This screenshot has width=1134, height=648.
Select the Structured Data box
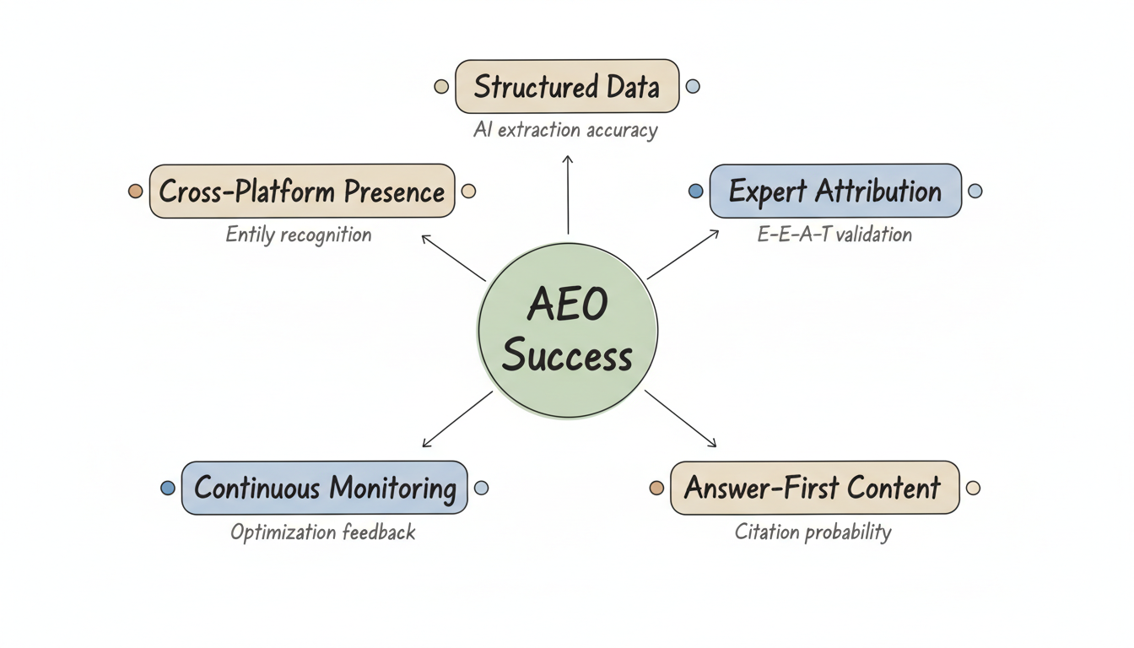click(x=567, y=86)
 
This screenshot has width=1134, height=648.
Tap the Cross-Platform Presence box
click(x=302, y=192)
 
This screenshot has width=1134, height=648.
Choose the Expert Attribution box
click(x=834, y=192)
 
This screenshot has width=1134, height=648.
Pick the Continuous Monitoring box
click(x=324, y=488)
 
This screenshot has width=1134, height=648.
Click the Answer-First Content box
click(x=814, y=488)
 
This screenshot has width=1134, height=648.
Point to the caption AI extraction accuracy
click(x=566, y=130)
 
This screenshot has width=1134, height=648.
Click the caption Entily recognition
click(x=299, y=235)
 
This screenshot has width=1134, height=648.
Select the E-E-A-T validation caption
click(x=834, y=234)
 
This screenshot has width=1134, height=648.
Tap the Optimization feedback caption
click(x=323, y=532)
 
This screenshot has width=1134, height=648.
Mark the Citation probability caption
click(x=813, y=532)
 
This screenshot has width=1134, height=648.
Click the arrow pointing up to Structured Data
click(x=568, y=194)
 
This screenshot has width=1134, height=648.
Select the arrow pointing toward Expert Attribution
click(x=683, y=254)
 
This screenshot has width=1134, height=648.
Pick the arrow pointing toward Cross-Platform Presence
click(x=453, y=257)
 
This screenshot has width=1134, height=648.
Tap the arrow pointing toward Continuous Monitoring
click(x=456, y=419)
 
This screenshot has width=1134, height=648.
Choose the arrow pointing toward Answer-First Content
click(x=680, y=419)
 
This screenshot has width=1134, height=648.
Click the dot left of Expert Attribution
click(x=695, y=192)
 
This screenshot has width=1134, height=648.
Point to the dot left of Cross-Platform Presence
click(x=135, y=192)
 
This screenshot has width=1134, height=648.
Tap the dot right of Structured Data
click(x=693, y=86)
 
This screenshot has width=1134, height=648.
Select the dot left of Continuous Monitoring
click(x=168, y=488)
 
